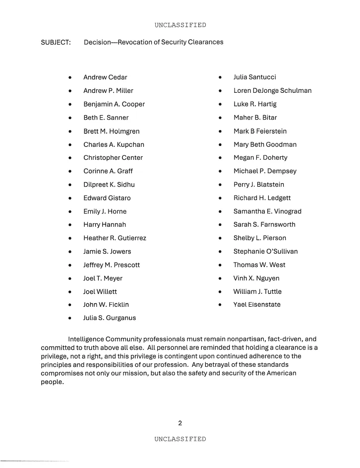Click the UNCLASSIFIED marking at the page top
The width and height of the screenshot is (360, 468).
(x=180, y=25)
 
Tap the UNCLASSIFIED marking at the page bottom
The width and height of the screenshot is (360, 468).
(x=180, y=439)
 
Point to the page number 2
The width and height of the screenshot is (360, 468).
(x=180, y=423)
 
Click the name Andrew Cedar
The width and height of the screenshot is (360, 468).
(x=105, y=77)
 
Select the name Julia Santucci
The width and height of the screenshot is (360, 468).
(x=254, y=77)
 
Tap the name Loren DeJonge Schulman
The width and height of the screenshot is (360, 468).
(x=272, y=91)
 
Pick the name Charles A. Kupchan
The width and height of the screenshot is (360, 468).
(x=114, y=144)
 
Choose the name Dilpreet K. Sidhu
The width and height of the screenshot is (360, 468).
(x=109, y=185)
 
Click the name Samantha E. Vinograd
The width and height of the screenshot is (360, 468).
(x=267, y=211)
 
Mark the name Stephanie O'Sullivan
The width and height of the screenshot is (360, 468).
(x=265, y=252)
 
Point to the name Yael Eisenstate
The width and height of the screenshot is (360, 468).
(x=257, y=305)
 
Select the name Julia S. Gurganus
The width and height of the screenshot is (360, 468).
(x=110, y=318)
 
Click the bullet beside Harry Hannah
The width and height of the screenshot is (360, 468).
(x=72, y=225)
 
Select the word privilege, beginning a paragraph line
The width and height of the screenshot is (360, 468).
(x=56, y=356)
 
